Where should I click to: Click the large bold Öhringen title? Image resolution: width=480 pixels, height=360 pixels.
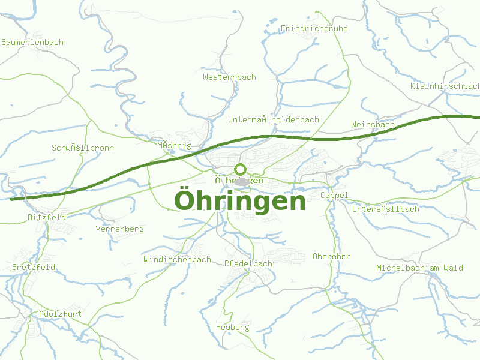240,201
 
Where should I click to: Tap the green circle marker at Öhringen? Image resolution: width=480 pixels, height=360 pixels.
241,169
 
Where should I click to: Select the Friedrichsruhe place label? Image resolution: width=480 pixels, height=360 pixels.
314,28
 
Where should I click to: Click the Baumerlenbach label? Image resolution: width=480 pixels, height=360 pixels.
32,43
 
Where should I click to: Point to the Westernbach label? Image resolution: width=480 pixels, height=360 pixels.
229,77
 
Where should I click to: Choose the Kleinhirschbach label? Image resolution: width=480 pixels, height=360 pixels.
445,86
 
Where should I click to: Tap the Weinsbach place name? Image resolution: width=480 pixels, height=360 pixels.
373,125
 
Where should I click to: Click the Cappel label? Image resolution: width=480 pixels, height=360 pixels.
334,196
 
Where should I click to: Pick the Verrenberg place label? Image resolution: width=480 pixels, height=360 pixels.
119,229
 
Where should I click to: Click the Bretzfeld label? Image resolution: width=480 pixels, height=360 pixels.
34,267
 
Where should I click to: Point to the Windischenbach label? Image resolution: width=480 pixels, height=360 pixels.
177,260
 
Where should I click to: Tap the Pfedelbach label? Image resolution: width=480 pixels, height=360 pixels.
248,264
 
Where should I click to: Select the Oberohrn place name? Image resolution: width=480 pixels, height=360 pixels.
331,257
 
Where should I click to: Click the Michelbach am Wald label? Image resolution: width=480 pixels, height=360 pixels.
419,268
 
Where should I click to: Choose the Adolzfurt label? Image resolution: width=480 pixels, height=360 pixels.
59,314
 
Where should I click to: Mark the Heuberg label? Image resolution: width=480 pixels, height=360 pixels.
232,328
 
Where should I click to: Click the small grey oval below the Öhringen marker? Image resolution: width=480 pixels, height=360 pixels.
241,181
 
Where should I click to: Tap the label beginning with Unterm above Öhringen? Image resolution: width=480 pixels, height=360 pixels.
273,120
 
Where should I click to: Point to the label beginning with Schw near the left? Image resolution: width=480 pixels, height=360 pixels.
82,148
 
